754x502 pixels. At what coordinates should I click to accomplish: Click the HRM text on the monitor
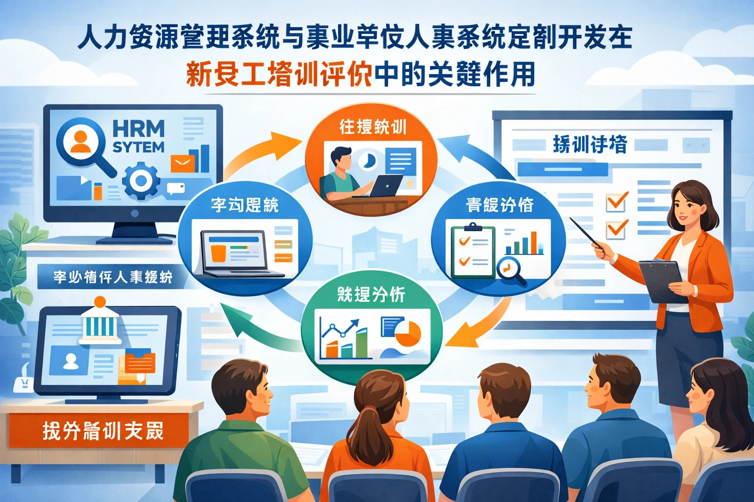coord(138,129)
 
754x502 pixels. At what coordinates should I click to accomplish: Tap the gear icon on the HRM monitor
coord(141,181)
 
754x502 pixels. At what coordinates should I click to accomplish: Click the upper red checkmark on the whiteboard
coord(617,201)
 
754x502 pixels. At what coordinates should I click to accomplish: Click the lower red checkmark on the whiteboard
coord(617,229)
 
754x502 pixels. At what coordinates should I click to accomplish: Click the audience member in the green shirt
coord(241,431)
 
